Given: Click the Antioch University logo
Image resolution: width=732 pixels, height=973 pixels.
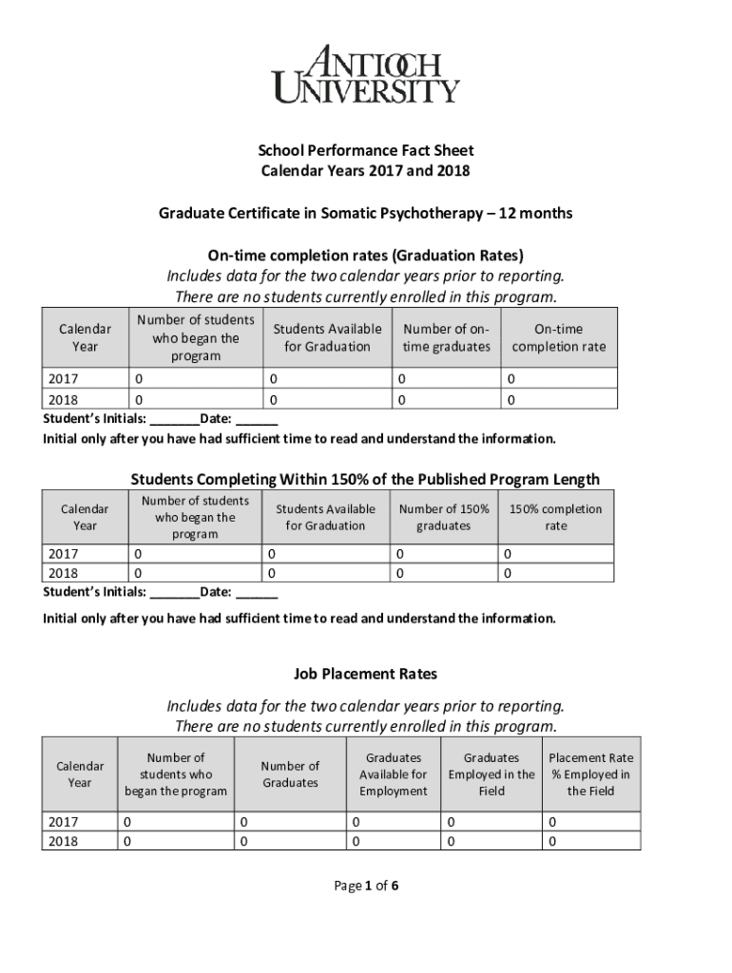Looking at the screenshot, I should [366, 73].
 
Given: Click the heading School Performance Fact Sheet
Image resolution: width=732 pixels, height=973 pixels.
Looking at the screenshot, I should [366, 150].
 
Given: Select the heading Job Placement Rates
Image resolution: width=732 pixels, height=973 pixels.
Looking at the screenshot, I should [366, 674].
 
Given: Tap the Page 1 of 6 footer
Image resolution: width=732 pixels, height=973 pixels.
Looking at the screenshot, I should [366, 887].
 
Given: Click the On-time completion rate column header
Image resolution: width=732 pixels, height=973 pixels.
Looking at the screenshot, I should [558, 337].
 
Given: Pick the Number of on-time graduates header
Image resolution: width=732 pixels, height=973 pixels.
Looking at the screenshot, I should [446, 337].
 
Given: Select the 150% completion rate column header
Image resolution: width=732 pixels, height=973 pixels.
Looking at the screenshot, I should [555, 517].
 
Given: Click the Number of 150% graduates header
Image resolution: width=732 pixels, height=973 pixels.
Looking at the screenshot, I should [444, 517].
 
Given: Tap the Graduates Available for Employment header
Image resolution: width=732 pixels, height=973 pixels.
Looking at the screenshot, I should [394, 774].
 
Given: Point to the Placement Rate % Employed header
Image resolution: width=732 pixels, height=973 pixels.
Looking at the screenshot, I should [590, 774].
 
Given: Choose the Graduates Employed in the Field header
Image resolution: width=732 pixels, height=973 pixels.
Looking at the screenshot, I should [491, 774].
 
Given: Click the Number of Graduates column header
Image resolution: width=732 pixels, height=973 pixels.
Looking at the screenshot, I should [290, 774].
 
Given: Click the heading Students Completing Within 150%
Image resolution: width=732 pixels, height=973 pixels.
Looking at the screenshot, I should [365, 479].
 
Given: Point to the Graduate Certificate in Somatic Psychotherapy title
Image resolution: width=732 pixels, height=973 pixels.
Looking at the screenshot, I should [366, 213].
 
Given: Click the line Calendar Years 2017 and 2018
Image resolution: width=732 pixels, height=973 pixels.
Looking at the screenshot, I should [366, 171].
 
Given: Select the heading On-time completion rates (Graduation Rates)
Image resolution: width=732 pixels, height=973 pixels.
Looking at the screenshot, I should [366, 255].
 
